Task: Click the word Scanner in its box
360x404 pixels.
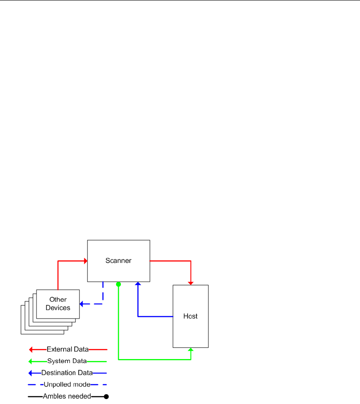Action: [118, 261]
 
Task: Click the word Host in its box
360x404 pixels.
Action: [190, 316]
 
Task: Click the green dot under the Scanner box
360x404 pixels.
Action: [118, 284]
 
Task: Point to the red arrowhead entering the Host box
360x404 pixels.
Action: [191, 282]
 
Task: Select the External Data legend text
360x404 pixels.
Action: [68, 349]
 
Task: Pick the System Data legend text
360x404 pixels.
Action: [67, 361]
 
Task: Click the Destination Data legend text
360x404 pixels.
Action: [67, 373]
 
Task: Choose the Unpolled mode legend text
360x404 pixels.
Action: [67, 384]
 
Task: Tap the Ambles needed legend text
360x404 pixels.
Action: [67, 396]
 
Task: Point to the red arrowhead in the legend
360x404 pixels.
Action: [32, 349]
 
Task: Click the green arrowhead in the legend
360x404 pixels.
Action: [32, 361]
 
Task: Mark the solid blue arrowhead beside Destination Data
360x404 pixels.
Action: [32, 373]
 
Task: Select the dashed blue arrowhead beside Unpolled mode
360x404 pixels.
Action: [32, 384]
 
